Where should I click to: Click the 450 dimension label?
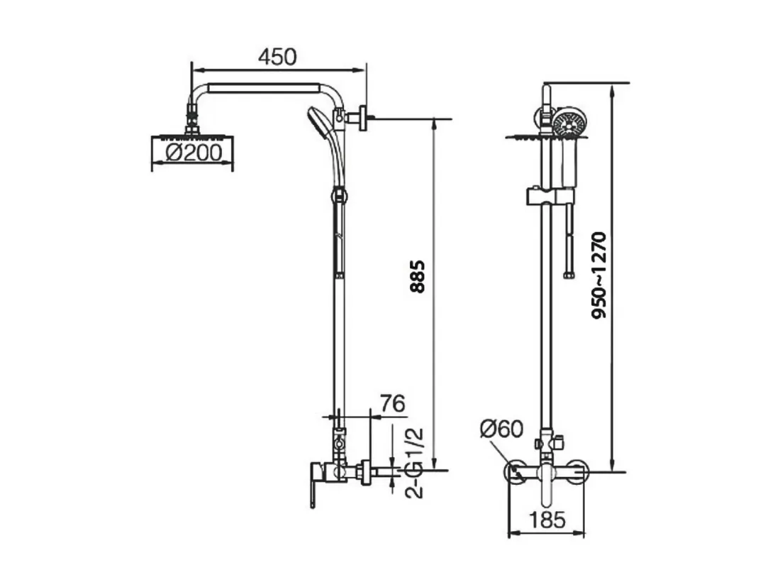277,57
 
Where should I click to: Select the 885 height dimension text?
418,276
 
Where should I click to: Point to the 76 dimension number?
393,403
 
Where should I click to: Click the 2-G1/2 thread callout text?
414,463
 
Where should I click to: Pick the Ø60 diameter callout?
501,429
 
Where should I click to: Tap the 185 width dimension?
547,520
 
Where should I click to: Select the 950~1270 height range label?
599,275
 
